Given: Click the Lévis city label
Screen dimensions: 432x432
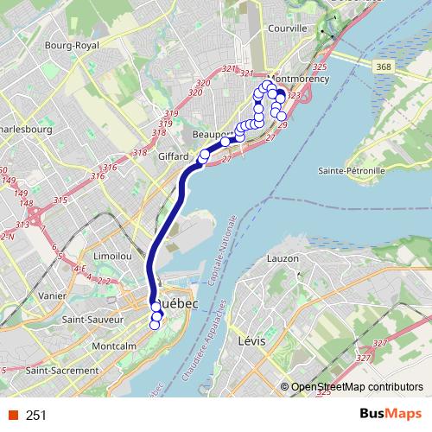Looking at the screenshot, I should pos(251,342).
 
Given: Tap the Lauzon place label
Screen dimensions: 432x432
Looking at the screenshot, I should pos(283,258).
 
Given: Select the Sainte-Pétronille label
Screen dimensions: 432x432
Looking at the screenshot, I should pos(350,170).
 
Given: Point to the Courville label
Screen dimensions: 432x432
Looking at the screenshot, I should pos(289,29).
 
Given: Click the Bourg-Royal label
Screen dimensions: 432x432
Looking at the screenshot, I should pos(74,45).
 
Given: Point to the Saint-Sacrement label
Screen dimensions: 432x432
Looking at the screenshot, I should pos(62,370).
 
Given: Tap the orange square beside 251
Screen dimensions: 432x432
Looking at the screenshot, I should pos(12,416).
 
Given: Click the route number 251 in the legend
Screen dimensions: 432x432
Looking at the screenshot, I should pos(36,416).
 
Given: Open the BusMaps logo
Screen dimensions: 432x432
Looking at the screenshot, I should pos(393,415).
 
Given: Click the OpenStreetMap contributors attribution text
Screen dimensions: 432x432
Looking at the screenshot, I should pos(357,387).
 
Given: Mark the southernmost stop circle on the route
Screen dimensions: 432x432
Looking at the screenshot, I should pos(156,325).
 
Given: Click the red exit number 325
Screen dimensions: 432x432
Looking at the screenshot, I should pos(320,67).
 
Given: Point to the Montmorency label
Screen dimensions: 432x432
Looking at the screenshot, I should pos(302,79).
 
